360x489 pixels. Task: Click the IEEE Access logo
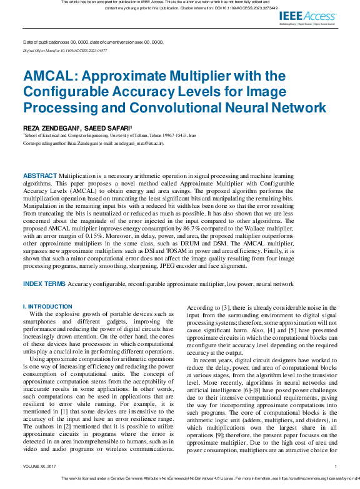307,17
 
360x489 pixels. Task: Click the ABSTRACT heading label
40,177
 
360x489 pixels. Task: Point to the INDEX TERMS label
44,284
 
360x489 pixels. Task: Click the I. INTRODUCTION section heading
47,307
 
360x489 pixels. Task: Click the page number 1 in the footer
336,466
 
